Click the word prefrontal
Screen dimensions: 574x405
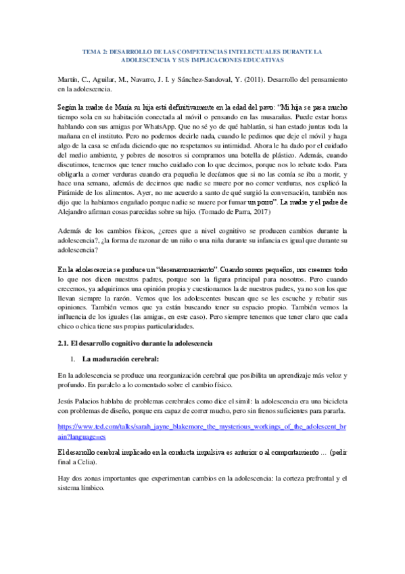[308, 479]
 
